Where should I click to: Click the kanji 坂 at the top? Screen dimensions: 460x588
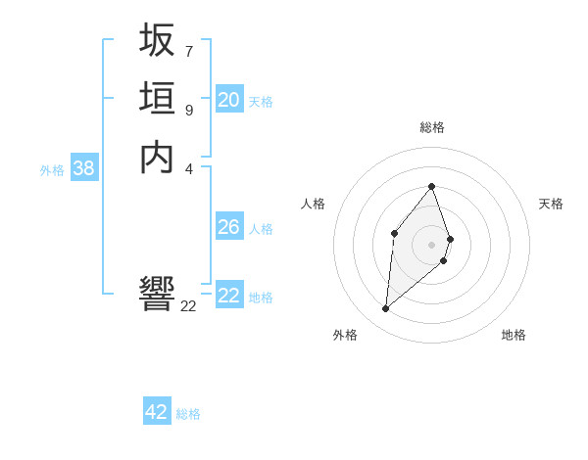coord(157,40)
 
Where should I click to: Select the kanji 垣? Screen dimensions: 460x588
coord(157,99)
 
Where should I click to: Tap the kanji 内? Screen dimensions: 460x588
coord(157,158)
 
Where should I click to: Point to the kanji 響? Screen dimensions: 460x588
coord(157,294)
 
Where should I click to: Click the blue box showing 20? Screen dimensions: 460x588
coord(229,99)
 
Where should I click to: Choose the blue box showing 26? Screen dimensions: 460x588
coord(229,227)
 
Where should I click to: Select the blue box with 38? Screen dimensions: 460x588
coord(84,168)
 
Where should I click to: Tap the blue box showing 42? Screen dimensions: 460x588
coord(157,412)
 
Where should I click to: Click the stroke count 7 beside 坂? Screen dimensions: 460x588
coord(188,50)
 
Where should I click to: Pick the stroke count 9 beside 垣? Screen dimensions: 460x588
coord(188,110)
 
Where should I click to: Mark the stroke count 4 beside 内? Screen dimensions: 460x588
coord(188,167)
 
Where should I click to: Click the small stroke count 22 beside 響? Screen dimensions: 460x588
coord(188,305)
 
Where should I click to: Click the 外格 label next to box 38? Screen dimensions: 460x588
coord(52,170)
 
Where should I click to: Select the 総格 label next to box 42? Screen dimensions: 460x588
coord(188,414)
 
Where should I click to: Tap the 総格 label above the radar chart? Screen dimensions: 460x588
coord(432,127)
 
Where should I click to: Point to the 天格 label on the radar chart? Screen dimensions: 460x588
coord(551,204)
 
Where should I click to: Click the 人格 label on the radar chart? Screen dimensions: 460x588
coord(314,204)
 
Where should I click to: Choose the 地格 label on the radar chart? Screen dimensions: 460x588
coord(514,335)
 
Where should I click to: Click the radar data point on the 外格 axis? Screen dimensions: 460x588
coord(386,308)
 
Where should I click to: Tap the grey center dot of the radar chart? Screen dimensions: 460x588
coord(432,244)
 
